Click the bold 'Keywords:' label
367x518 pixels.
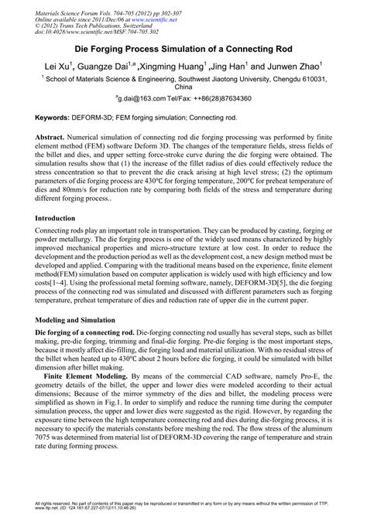click(59, 116)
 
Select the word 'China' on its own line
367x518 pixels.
click(183, 88)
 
